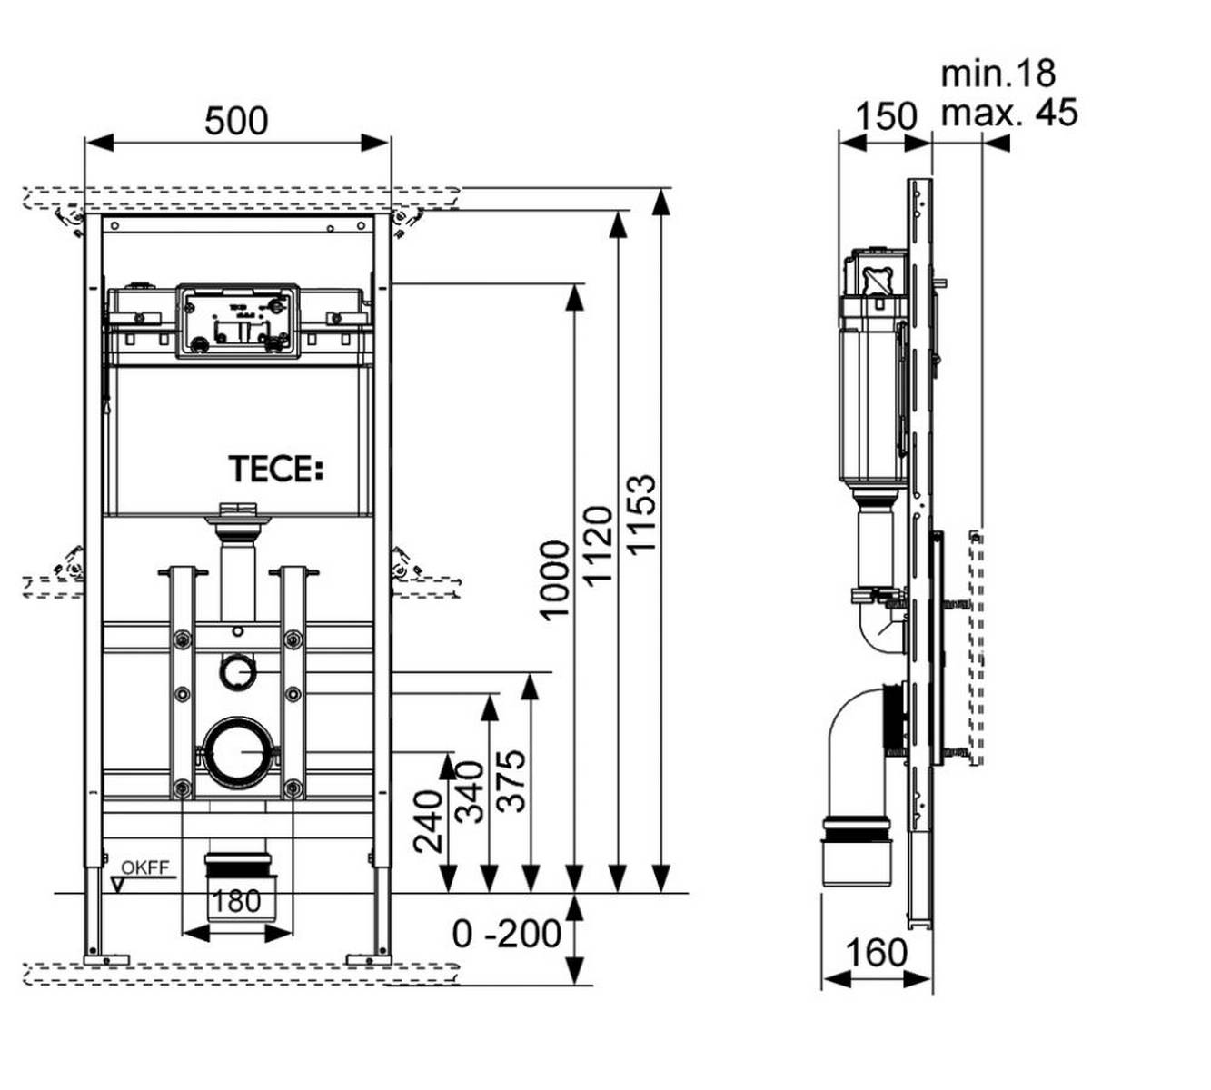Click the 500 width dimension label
pos(236,120)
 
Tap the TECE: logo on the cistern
pos(275,470)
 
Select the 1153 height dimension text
pos(641,513)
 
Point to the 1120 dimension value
pos(599,545)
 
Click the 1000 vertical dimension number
pos(554,580)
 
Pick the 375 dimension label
pos(512,779)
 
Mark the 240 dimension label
pos(428,821)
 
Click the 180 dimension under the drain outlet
pos(236,901)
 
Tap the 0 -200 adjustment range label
pos(507,933)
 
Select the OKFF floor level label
pos(145,867)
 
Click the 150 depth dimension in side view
pos(886,116)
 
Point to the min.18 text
pos(998,74)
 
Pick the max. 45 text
pos(1008,113)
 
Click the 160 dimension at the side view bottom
pos(876,953)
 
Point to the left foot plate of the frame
pos(106,957)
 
